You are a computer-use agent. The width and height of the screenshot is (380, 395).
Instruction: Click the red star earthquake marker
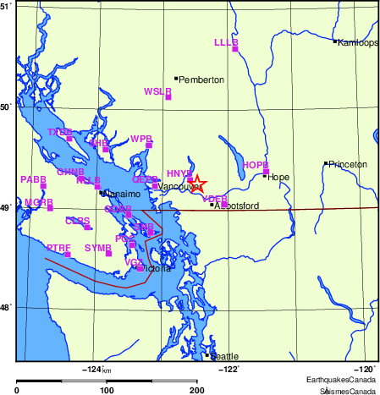[196, 182]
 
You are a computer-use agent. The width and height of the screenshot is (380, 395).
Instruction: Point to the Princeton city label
[349, 164]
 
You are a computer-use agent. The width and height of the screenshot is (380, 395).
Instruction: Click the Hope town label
[278, 177]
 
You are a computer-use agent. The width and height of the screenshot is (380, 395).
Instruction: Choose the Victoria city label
[158, 269]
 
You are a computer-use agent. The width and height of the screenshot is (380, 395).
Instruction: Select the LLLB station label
[226, 41]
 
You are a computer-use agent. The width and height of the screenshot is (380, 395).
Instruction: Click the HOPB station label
[255, 165]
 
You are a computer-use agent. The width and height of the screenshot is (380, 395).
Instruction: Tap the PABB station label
[33, 179]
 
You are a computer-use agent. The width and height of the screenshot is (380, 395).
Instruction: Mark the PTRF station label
[58, 247]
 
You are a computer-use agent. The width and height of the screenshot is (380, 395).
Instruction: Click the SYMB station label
[98, 247]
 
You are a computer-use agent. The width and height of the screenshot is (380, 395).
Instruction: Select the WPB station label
[141, 138]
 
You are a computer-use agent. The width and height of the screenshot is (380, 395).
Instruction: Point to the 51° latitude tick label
[6, 6]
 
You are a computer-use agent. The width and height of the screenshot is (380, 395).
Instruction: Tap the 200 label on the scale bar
[197, 390]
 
